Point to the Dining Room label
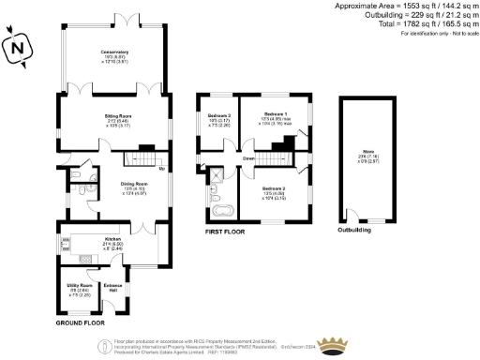tap(137, 184)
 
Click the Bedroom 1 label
tap(273, 114)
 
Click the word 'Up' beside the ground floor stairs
tap(161, 169)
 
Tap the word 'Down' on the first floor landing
tap(249, 158)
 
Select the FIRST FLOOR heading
tap(227, 228)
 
